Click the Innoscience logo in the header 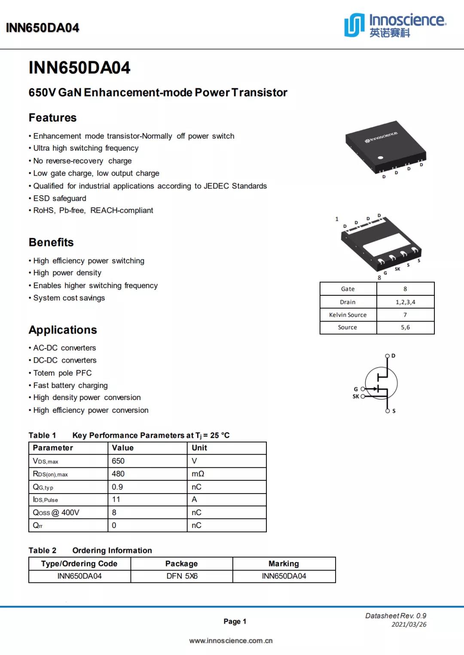point(395,25)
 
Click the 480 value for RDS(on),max point(118,474)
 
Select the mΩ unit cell point(198,474)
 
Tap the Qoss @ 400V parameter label point(56,512)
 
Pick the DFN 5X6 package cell point(182,576)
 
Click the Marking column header point(284,564)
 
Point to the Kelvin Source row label point(348,315)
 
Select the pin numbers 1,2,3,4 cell point(405,302)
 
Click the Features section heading point(52,118)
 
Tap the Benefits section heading point(51,242)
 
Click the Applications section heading point(63,330)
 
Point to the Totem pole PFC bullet point(62,373)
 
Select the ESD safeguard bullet point(60,198)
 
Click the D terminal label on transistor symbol point(394,356)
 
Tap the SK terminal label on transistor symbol point(356,397)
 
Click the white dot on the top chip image point(380,158)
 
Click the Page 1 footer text point(235,621)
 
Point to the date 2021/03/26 point(409,625)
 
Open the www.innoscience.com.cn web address point(231,640)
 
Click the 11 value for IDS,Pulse point(116,500)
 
